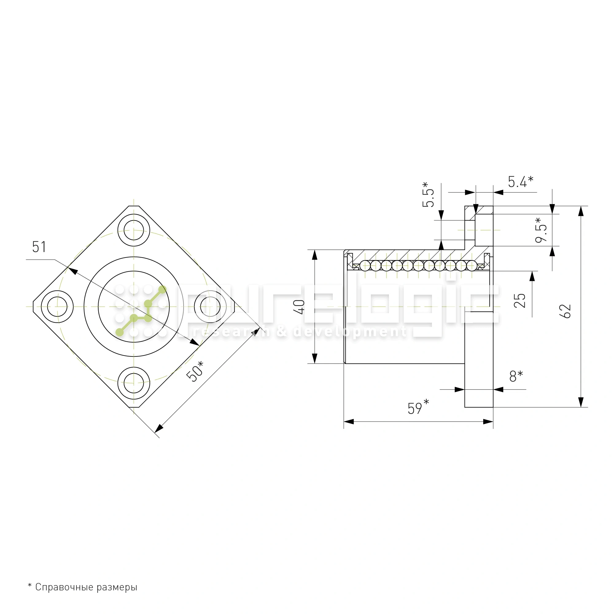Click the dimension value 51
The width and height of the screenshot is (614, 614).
[x=39, y=247]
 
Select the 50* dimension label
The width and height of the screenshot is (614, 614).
[x=195, y=371]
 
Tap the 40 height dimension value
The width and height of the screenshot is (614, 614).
[x=300, y=307]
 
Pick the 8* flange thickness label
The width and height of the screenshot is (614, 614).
[x=516, y=376]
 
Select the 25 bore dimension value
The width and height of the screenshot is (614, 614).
[x=520, y=300]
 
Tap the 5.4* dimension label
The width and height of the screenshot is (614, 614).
[x=520, y=182]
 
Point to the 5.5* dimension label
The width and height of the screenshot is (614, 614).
[x=428, y=195]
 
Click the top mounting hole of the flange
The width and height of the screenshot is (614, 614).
[x=134, y=230]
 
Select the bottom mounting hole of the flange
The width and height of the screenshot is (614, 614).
[x=134, y=383]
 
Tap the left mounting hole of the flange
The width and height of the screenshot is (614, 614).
[x=57, y=307]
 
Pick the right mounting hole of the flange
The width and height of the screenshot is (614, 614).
[x=210, y=307]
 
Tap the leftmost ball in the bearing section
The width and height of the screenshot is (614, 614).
[x=365, y=265]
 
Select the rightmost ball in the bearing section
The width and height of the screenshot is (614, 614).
[x=472, y=265]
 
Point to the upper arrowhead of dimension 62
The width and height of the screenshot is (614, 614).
[x=581, y=211]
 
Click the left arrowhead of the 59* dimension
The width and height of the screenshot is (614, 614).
[x=349, y=422]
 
